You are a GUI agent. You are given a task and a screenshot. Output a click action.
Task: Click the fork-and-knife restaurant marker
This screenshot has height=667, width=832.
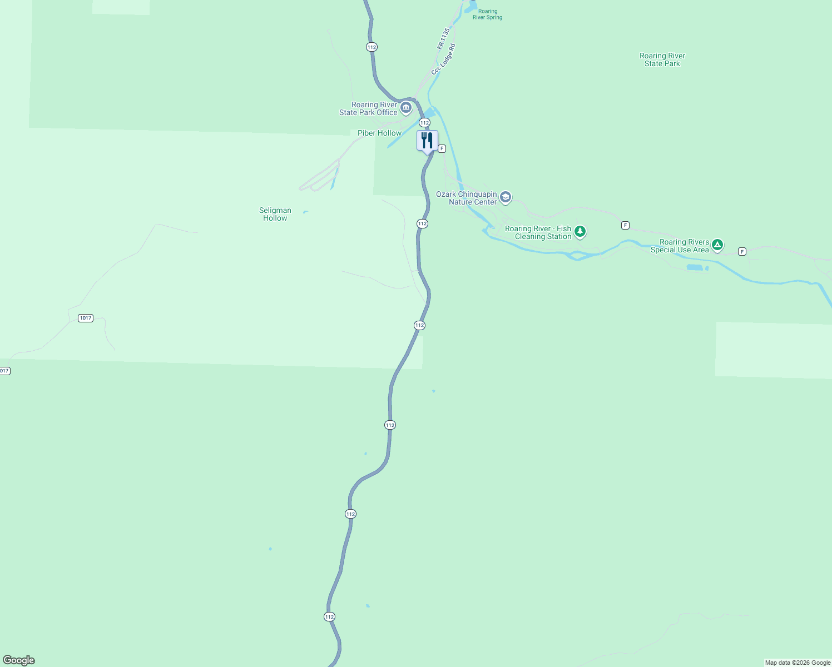[x=427, y=141]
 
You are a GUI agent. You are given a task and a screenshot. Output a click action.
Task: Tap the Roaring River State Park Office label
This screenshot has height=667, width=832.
[x=369, y=108]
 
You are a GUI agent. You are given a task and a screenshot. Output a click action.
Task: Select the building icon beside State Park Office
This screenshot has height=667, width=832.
[x=406, y=107]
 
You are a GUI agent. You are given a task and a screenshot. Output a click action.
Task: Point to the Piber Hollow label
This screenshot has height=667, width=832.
[x=379, y=133]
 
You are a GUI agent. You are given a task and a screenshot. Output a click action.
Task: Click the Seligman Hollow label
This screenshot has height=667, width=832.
[x=275, y=214]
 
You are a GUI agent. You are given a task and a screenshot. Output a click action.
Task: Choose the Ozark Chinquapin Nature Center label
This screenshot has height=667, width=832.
[x=467, y=198]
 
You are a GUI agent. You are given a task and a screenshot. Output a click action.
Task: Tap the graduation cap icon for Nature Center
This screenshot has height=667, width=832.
[x=505, y=197]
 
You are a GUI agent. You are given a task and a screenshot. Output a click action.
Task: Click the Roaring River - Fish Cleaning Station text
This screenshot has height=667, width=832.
[x=538, y=232]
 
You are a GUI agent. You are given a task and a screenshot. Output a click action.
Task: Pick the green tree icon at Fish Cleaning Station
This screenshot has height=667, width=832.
[x=580, y=231]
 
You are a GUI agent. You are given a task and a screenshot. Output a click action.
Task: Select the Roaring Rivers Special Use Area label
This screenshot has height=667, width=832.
[x=680, y=246]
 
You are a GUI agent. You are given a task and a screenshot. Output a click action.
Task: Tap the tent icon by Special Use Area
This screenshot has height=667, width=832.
[x=717, y=245]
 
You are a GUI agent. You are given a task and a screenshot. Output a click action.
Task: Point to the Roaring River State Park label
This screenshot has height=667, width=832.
[x=662, y=59]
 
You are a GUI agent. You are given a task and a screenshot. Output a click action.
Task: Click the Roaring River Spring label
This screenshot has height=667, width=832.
[x=488, y=14]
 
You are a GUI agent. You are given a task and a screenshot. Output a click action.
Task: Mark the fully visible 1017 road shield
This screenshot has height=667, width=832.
[x=85, y=318]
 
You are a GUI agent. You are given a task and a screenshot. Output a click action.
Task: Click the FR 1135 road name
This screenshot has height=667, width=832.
[x=443, y=39]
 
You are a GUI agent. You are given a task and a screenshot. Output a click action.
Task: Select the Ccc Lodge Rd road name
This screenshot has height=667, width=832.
[x=444, y=59]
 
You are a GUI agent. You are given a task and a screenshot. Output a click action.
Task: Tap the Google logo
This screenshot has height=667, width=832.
[x=18, y=660]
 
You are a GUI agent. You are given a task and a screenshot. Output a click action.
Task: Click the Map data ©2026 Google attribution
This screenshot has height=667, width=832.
[x=798, y=663]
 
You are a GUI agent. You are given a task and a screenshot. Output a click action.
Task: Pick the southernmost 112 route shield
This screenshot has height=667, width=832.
[x=329, y=616]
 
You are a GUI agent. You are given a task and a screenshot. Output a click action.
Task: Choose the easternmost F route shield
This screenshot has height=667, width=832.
[x=742, y=252]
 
